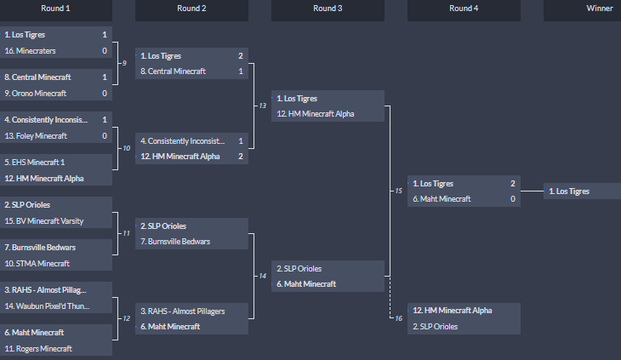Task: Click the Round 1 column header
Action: click(x=55, y=9)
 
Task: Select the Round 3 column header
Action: click(x=328, y=9)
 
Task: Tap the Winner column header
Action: click(x=599, y=9)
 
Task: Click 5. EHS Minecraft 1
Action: click(x=34, y=162)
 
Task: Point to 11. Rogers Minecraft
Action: click(x=38, y=348)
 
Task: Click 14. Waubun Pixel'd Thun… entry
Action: click(x=47, y=306)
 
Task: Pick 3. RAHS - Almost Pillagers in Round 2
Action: click(x=182, y=311)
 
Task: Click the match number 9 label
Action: click(x=124, y=64)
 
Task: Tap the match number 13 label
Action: click(x=262, y=106)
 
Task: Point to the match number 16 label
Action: click(x=397, y=318)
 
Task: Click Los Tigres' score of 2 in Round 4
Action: click(x=513, y=183)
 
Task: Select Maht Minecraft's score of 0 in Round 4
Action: click(x=513, y=198)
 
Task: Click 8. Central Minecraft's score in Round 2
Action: click(x=241, y=71)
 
